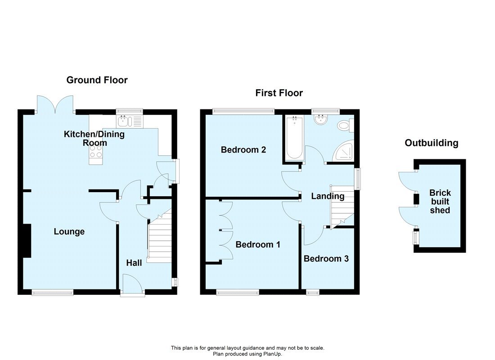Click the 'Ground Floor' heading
97,80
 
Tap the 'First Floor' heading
279,93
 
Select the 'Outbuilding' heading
431,143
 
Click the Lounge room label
69,232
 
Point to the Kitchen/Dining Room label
94,138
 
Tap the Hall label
134,263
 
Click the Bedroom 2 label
243,150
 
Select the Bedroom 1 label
258,245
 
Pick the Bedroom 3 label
326,259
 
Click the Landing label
328,196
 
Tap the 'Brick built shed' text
440,202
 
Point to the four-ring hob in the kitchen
95,151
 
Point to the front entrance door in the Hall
132,284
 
